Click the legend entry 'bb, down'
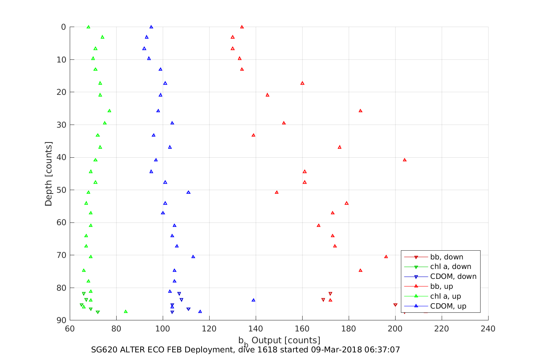tap(446, 257)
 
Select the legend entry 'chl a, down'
tap(450, 267)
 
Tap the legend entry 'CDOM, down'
tap(453, 277)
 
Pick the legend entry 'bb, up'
tap(441, 286)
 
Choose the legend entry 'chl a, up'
tap(445, 296)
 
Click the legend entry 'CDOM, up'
tap(448, 306)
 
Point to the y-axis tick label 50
tap(61, 190)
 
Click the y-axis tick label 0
tap(63, 27)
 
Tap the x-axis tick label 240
tap(488, 329)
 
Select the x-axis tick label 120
tap(209, 329)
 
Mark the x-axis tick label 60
tap(70, 329)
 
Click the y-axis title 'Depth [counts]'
tap(49, 174)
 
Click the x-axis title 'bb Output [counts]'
tap(279, 341)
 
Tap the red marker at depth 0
tap(242, 27)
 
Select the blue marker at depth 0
tap(151, 27)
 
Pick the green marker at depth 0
tap(88, 27)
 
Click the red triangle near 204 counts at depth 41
tap(405, 160)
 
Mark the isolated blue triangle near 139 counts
tap(253, 300)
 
